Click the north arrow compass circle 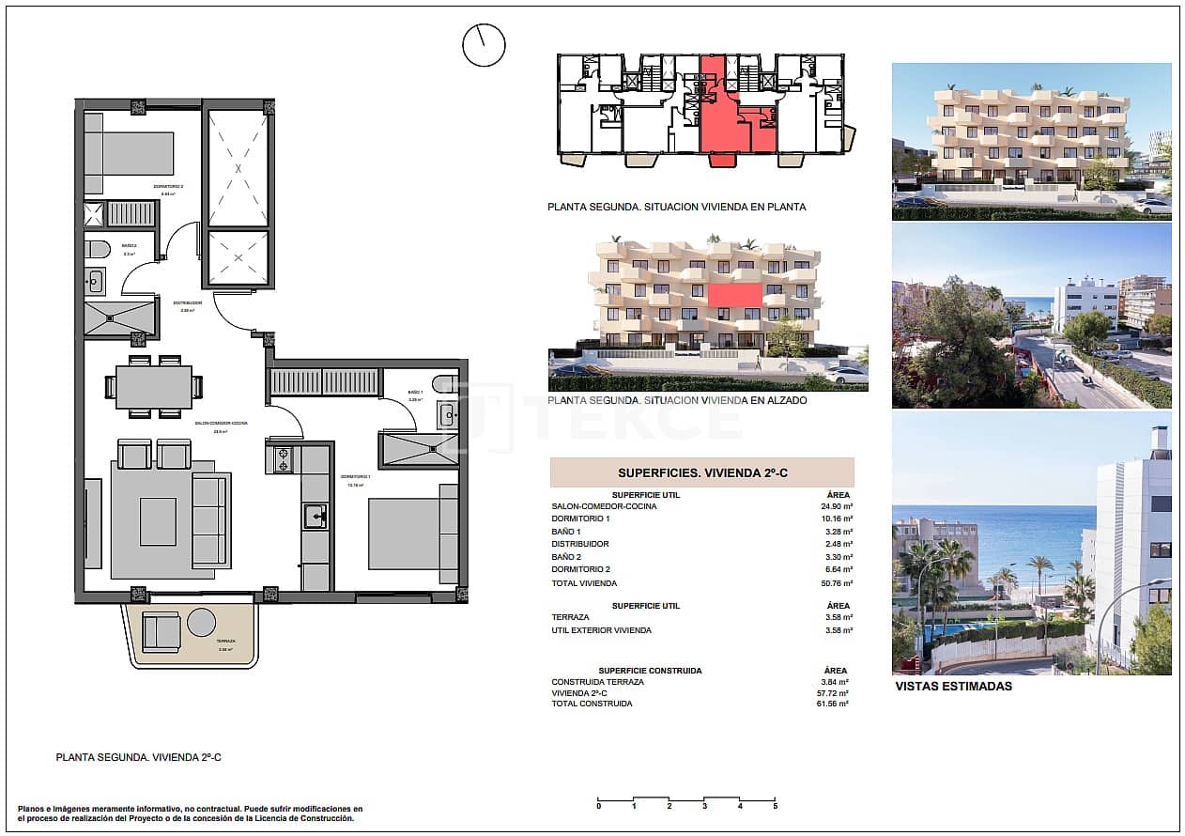484,44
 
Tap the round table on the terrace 202,623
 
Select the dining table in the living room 154,386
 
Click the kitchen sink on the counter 315,516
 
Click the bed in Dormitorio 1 404,534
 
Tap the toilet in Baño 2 97,250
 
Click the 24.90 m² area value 837,506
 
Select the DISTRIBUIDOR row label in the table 580,544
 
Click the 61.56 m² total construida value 834,704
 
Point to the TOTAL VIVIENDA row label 585,583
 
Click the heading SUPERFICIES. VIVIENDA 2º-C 702,473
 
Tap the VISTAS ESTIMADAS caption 953,686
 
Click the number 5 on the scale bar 775,806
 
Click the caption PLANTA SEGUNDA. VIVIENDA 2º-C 138,756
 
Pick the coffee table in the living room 158,521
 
